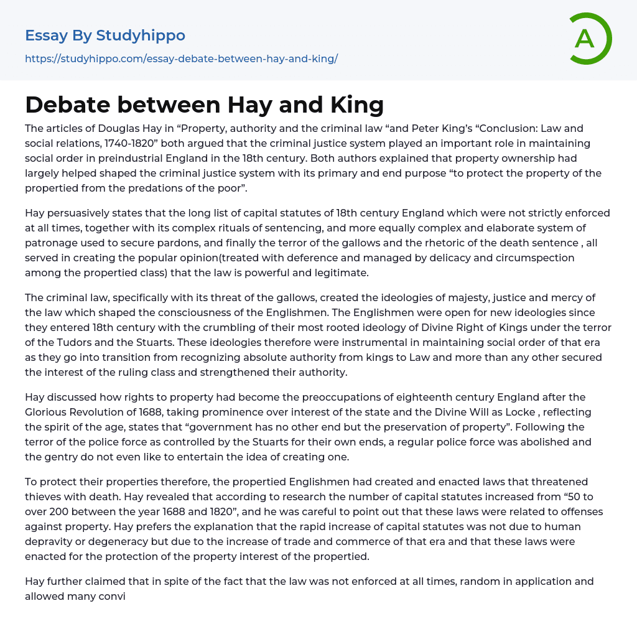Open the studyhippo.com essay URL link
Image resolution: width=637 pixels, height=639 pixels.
point(181,59)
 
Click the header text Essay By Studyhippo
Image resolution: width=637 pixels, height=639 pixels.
point(105,35)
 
